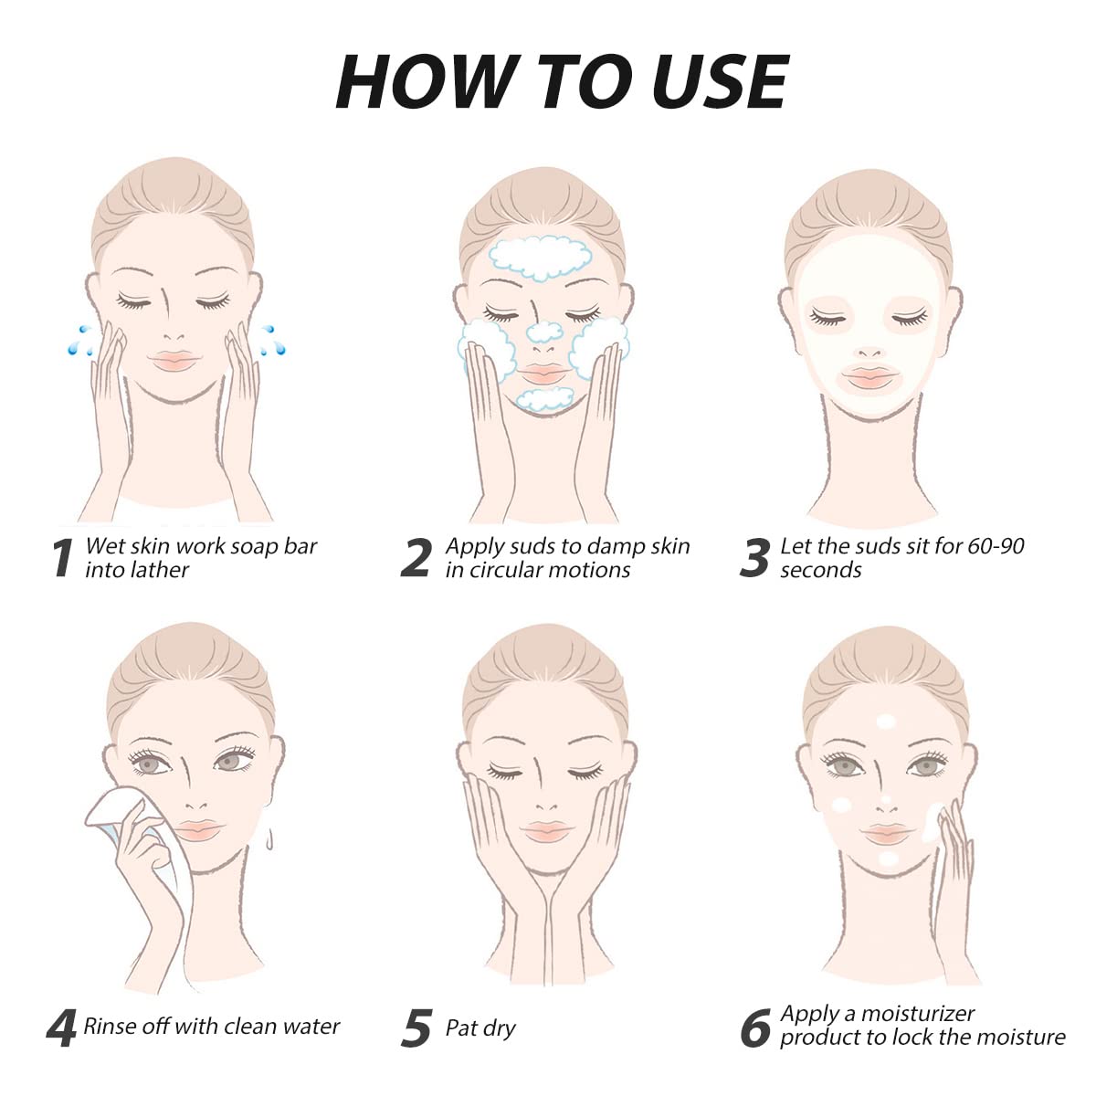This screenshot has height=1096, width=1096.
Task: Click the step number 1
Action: pyautogui.click(x=63, y=558)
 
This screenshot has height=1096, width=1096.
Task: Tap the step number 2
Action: pyautogui.click(x=416, y=558)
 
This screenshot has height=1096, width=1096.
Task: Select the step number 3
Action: pyautogui.click(x=754, y=558)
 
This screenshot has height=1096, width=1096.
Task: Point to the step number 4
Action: pyautogui.click(x=61, y=1028)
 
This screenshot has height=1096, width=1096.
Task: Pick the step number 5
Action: pyautogui.click(x=416, y=1028)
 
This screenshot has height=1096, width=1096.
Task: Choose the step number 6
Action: pyautogui.click(x=755, y=1028)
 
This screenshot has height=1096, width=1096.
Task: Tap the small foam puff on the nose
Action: pyautogui.click(x=544, y=332)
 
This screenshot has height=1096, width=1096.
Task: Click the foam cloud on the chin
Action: pyautogui.click(x=544, y=399)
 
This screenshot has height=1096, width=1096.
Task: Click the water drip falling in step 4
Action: pyautogui.click(x=269, y=838)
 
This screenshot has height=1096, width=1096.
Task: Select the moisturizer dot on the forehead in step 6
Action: pyautogui.click(x=886, y=722)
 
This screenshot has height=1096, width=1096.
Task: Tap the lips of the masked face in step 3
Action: pyautogui.click(x=870, y=377)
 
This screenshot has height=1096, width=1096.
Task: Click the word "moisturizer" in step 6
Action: pyautogui.click(x=918, y=1014)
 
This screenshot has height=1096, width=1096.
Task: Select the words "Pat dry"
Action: pyautogui.click(x=480, y=1029)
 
